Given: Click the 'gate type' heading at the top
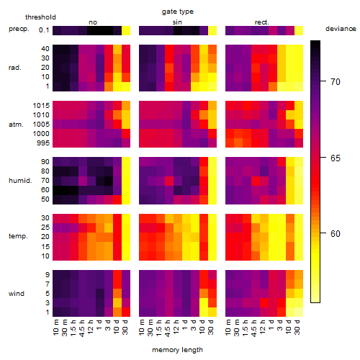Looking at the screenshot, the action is tap(178, 12).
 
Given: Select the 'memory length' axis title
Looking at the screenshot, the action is tap(177, 350).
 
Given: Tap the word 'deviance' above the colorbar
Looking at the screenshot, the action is tap(341, 29).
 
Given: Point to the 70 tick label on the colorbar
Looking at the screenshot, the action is tap(336, 82).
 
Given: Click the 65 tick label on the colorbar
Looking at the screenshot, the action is tap(336, 158).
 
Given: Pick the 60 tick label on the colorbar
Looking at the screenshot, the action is tap(336, 234).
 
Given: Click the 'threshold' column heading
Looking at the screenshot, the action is tap(40, 17).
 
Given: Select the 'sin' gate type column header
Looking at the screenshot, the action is tap(177, 22).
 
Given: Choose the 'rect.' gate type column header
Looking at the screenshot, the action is tap(261, 22).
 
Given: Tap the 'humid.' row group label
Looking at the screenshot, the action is tap(20, 181).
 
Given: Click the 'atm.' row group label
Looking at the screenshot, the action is tap(16, 125).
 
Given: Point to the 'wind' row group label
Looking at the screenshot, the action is tap(17, 294).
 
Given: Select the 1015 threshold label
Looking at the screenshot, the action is tap(41, 106).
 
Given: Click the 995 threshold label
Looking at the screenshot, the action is tap(43, 143).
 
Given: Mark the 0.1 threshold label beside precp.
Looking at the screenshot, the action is tap(44, 30).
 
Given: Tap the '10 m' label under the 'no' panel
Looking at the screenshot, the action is tap(55, 328).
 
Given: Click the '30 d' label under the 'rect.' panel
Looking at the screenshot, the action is tap(297, 328).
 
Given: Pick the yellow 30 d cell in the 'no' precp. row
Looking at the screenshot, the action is tap(126, 30).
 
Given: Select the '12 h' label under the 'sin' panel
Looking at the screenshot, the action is tap(176, 328).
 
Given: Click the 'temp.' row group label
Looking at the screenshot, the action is tap(18, 236).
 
